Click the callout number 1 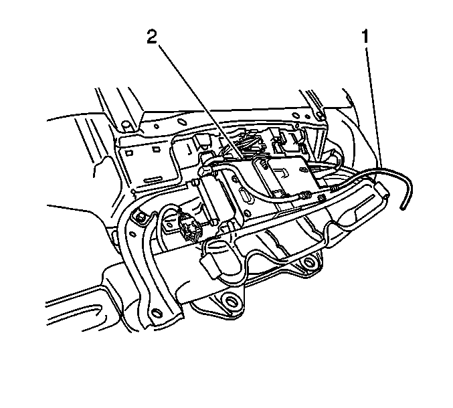tap(365, 37)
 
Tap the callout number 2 tap(153, 37)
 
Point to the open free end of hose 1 tap(403, 207)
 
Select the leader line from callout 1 tap(373, 108)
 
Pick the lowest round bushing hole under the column tap(230, 301)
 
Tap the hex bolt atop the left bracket tap(139, 217)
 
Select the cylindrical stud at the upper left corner tap(126, 126)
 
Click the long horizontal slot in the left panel tap(153, 180)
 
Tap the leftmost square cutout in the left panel tap(128, 152)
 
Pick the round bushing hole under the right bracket tap(308, 263)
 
